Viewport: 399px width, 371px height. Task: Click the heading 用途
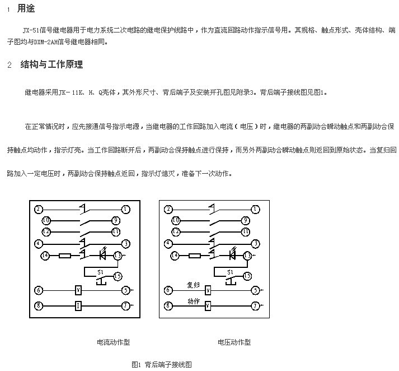pos(26,8)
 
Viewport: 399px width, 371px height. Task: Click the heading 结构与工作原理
pos(51,64)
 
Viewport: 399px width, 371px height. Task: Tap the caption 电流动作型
pos(113,342)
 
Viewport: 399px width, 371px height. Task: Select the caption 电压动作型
pos(234,342)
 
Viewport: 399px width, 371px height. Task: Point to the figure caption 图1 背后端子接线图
pos(162,364)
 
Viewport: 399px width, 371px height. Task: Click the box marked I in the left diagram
pos(78,305)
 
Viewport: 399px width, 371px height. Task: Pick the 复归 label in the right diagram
pos(193,285)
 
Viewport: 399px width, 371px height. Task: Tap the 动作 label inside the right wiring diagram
pos(194,301)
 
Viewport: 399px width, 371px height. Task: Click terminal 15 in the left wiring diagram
pos(118,276)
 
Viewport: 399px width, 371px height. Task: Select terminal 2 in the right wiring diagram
pos(168,210)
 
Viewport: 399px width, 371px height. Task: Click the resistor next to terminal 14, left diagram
pos(65,256)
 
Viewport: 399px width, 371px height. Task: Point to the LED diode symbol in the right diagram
pos(232,254)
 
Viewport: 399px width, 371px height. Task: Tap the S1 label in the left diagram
pos(100,272)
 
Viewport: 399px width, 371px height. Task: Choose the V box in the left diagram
pos(78,290)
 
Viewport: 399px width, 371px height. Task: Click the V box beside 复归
pos(208,290)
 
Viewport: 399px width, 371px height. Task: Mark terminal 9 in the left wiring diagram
pos(116,220)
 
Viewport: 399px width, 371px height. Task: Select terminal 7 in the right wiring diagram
pos(255,305)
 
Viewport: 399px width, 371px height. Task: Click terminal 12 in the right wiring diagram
pos(176,231)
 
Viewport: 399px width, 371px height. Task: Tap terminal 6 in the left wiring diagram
pos(39,290)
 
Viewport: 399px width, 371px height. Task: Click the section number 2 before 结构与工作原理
pos(10,65)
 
